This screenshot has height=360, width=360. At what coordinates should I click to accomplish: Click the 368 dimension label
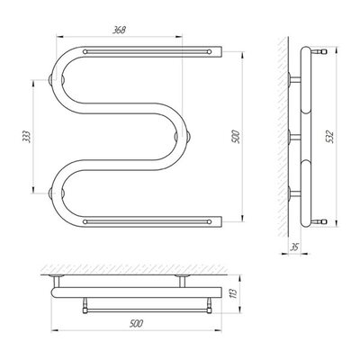pyautogui.click(x=119, y=30)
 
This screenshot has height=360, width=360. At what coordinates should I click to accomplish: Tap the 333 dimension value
pyautogui.click(x=26, y=137)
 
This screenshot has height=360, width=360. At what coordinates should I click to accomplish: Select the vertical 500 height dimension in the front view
pyautogui.click(x=237, y=137)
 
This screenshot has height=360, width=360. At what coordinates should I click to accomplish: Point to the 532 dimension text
pyautogui.click(x=329, y=137)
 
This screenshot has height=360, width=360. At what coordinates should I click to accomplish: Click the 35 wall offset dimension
pyautogui.click(x=294, y=247)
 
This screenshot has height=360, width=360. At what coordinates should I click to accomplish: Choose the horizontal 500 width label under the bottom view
pyautogui.click(x=136, y=324)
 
